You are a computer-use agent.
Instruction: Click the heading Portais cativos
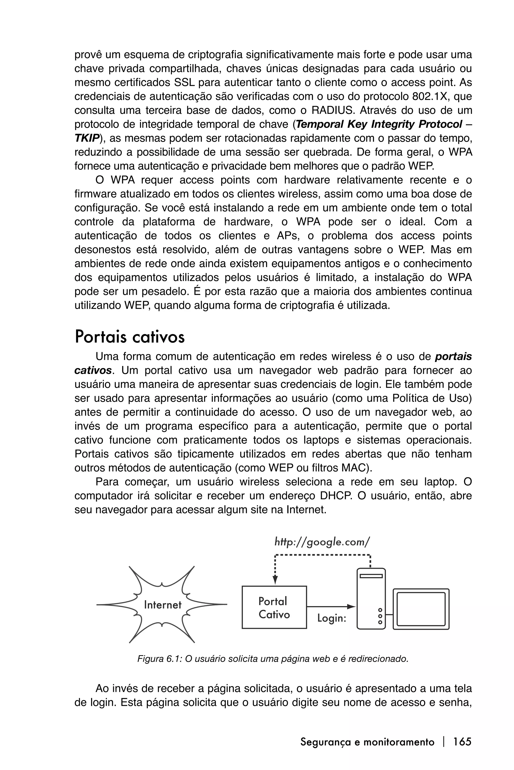(x=130, y=337)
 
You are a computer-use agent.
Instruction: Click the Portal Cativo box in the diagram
(x=274, y=607)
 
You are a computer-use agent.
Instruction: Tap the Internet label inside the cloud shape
(x=163, y=605)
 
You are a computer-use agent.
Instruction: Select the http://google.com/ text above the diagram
(x=322, y=542)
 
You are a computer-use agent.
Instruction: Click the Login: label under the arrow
(x=332, y=618)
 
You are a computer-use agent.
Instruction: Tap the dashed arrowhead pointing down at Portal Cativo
(x=275, y=580)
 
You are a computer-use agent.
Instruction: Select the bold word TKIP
(x=87, y=138)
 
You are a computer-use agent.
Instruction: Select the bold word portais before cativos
(x=453, y=356)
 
